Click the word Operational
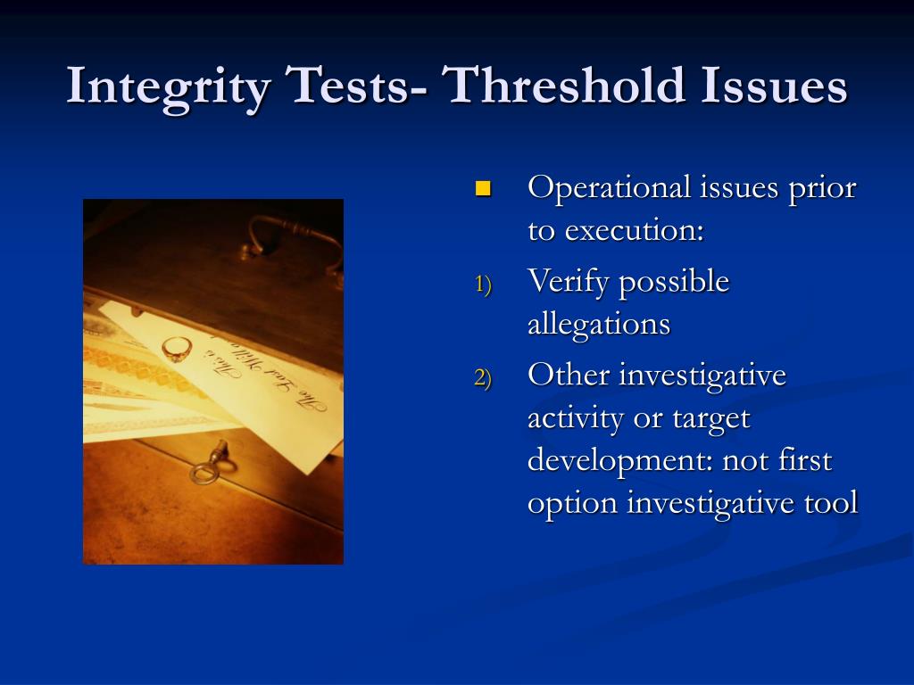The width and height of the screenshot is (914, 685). coord(610,189)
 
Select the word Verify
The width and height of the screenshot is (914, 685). coord(569,283)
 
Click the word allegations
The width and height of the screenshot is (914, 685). coord(598,324)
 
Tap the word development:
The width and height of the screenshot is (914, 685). coord(620,461)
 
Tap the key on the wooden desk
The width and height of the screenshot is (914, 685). coord(209,465)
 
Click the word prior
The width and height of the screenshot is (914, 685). coord(820,189)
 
